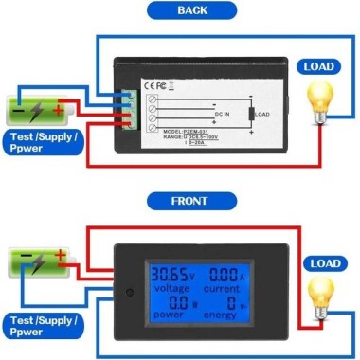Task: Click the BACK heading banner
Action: pos(179,10)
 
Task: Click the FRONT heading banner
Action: pos(179,202)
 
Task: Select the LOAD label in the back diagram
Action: pos(318,66)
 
